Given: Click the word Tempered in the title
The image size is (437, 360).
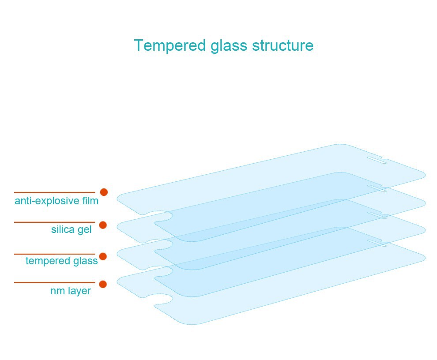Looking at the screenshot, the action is pos(170,46).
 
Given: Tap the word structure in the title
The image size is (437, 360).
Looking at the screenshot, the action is pos(283,45).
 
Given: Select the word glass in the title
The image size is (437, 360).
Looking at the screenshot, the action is pos(229,46).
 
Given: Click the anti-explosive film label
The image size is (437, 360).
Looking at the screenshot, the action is pos(57,201).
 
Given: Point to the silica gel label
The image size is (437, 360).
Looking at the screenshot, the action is pos(72,229).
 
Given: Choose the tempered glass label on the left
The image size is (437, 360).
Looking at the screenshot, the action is pos(62,261).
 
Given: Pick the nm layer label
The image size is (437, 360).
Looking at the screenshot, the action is pos(71,291).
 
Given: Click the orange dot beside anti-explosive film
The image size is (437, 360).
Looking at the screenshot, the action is pos(104,192).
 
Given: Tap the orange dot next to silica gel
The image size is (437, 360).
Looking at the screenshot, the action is pos(103,225).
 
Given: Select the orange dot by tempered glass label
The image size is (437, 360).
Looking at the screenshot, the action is pos(103,256).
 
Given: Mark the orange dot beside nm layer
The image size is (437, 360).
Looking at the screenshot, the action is pos(103,284).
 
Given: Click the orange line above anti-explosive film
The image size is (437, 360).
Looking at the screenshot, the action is pos(55,192).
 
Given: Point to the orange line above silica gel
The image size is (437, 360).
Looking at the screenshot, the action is pos(55,222).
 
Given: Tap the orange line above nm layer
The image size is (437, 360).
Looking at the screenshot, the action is pos(55,282).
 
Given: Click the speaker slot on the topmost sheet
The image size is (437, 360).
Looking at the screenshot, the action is pos(377,160).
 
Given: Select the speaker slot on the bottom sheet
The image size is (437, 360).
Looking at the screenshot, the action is pos(377,243).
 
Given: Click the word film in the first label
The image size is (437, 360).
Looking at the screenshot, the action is pos(90,201).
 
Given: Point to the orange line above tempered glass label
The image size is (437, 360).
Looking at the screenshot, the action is pos(55,254).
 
